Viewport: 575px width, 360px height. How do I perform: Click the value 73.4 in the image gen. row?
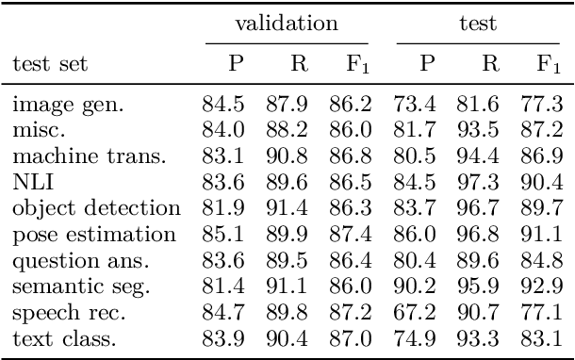point(415,104)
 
